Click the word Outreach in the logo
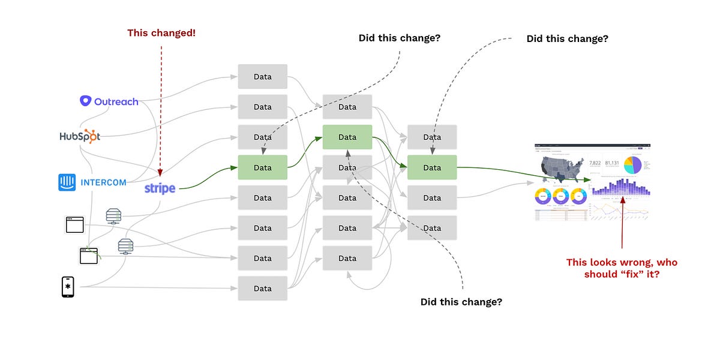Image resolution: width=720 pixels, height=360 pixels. (x=116, y=101)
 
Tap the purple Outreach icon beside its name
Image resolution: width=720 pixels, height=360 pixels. (x=86, y=101)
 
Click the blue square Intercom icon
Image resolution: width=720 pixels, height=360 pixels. (x=67, y=182)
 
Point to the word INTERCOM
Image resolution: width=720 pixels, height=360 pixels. (x=103, y=182)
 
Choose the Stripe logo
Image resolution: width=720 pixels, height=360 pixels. (x=160, y=188)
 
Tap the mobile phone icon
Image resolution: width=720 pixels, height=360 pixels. (x=68, y=287)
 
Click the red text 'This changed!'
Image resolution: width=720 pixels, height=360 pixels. (x=161, y=33)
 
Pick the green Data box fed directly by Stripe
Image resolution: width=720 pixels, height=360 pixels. (x=262, y=167)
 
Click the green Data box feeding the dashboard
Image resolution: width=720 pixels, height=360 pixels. (x=432, y=167)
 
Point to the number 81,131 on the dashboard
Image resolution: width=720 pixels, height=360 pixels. (x=612, y=163)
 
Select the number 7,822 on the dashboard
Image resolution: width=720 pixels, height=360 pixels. (x=595, y=163)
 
